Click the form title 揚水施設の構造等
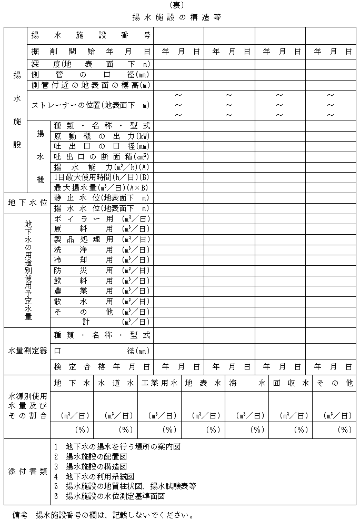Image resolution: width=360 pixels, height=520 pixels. (x=181, y=17)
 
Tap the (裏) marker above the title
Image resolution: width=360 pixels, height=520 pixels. (x=180, y=5)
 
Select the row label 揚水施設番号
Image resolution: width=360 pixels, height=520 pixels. (x=91, y=36)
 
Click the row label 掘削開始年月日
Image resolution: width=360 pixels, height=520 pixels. (x=91, y=52)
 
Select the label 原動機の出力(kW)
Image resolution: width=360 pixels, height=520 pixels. (x=102, y=136)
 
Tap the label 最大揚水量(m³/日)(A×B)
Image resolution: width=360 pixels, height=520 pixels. (x=102, y=187)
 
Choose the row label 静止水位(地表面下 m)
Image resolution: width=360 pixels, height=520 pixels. (x=102, y=198)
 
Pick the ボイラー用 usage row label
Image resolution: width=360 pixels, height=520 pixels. (x=102, y=218)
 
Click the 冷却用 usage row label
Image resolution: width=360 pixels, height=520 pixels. (x=102, y=259)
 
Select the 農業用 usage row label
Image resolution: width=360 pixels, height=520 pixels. (x=102, y=291)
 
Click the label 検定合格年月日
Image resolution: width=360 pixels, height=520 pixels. (x=102, y=366)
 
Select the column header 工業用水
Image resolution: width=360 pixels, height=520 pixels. (x=159, y=384)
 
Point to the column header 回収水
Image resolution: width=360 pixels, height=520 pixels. (x=290, y=384)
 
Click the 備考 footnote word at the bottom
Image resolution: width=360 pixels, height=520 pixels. (x=20, y=513)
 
